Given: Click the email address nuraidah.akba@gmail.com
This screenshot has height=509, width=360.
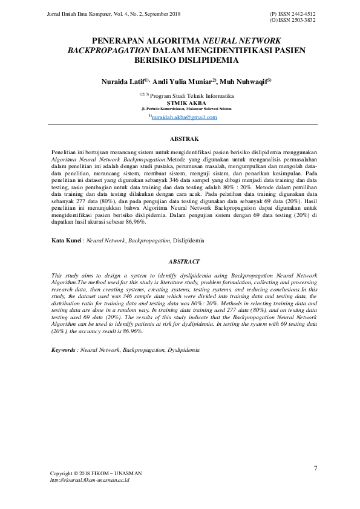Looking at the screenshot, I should [184, 117].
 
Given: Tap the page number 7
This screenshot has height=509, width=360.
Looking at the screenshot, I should [315, 468].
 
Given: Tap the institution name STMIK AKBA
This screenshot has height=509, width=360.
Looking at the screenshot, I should [183, 102].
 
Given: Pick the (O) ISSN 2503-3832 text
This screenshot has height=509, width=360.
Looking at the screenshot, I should [292, 20].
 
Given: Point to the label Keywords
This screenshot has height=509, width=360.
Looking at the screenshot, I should [64, 350].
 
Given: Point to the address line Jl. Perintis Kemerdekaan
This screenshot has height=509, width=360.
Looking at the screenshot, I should [183, 109].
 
